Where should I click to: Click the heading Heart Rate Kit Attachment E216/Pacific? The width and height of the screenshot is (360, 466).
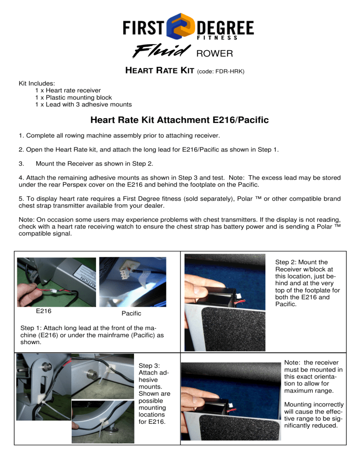click(180, 120)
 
